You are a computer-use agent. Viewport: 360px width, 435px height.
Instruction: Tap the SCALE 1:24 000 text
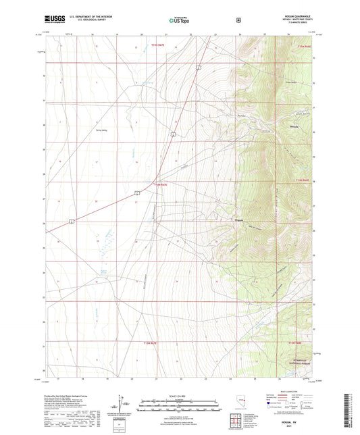[179, 395]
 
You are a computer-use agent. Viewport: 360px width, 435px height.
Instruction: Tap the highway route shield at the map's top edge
[199, 67]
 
